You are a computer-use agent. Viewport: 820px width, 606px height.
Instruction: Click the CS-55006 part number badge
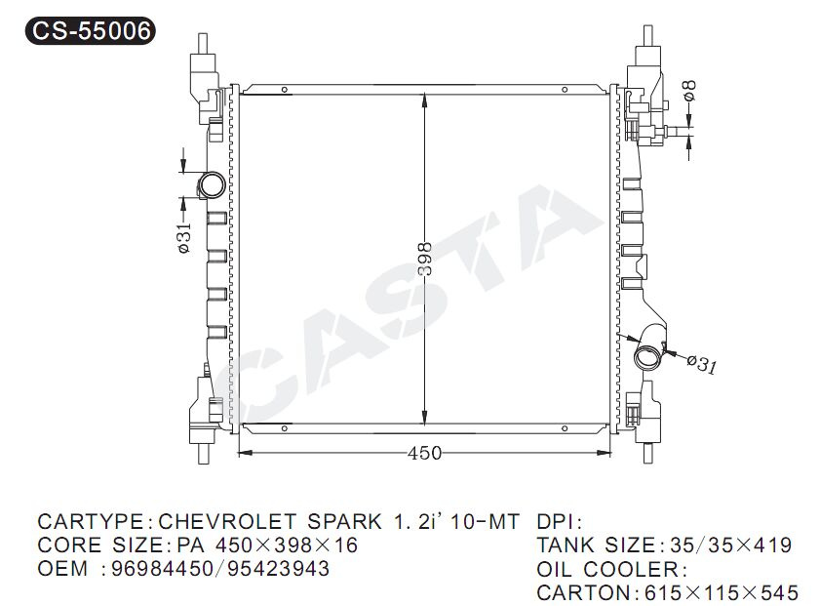(x=90, y=30)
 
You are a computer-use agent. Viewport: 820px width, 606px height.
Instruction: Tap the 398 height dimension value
(x=425, y=259)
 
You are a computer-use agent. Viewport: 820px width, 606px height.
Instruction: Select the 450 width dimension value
(x=424, y=453)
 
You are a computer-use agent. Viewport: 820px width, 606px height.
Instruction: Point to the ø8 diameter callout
(x=689, y=90)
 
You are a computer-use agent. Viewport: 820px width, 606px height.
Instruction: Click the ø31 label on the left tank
(x=184, y=237)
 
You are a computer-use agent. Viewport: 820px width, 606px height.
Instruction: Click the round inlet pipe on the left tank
(x=212, y=184)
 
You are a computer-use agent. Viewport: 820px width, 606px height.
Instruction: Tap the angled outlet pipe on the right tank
(x=649, y=347)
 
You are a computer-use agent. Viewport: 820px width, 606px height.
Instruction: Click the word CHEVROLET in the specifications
(x=227, y=522)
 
